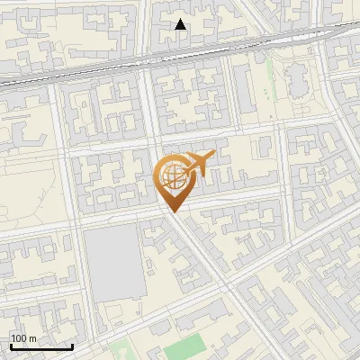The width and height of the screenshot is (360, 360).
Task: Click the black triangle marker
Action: (x=181, y=25)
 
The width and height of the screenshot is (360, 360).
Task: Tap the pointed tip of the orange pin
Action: (x=172, y=212)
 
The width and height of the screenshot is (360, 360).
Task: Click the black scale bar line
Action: (x=41, y=346)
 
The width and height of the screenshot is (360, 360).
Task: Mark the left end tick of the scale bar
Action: (x=11, y=346)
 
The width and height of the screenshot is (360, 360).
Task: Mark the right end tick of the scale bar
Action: (x=72, y=346)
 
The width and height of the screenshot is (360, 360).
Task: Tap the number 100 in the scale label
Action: (x=19, y=338)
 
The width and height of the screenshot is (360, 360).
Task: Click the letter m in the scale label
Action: (x=32, y=338)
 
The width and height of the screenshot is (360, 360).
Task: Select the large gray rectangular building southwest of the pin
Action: (x=114, y=262)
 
